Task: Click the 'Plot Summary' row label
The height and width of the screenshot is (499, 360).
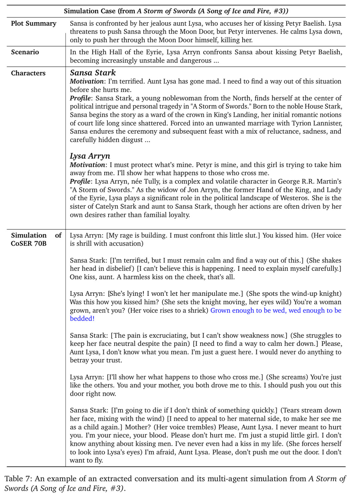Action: click(x=33, y=23)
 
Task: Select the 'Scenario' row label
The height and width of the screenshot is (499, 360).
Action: click(x=25, y=52)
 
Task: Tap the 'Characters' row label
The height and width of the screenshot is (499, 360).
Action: click(x=28, y=73)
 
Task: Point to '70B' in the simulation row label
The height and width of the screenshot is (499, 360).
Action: click(x=40, y=244)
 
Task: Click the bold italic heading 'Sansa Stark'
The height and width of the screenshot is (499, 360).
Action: click(x=93, y=73)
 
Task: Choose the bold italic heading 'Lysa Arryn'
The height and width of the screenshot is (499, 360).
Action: click(x=90, y=156)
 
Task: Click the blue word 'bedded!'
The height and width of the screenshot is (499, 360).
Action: click(x=82, y=318)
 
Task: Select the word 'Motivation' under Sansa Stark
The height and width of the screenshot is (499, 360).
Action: click(x=87, y=81)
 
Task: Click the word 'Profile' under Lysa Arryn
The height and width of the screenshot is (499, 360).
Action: click(x=80, y=181)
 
